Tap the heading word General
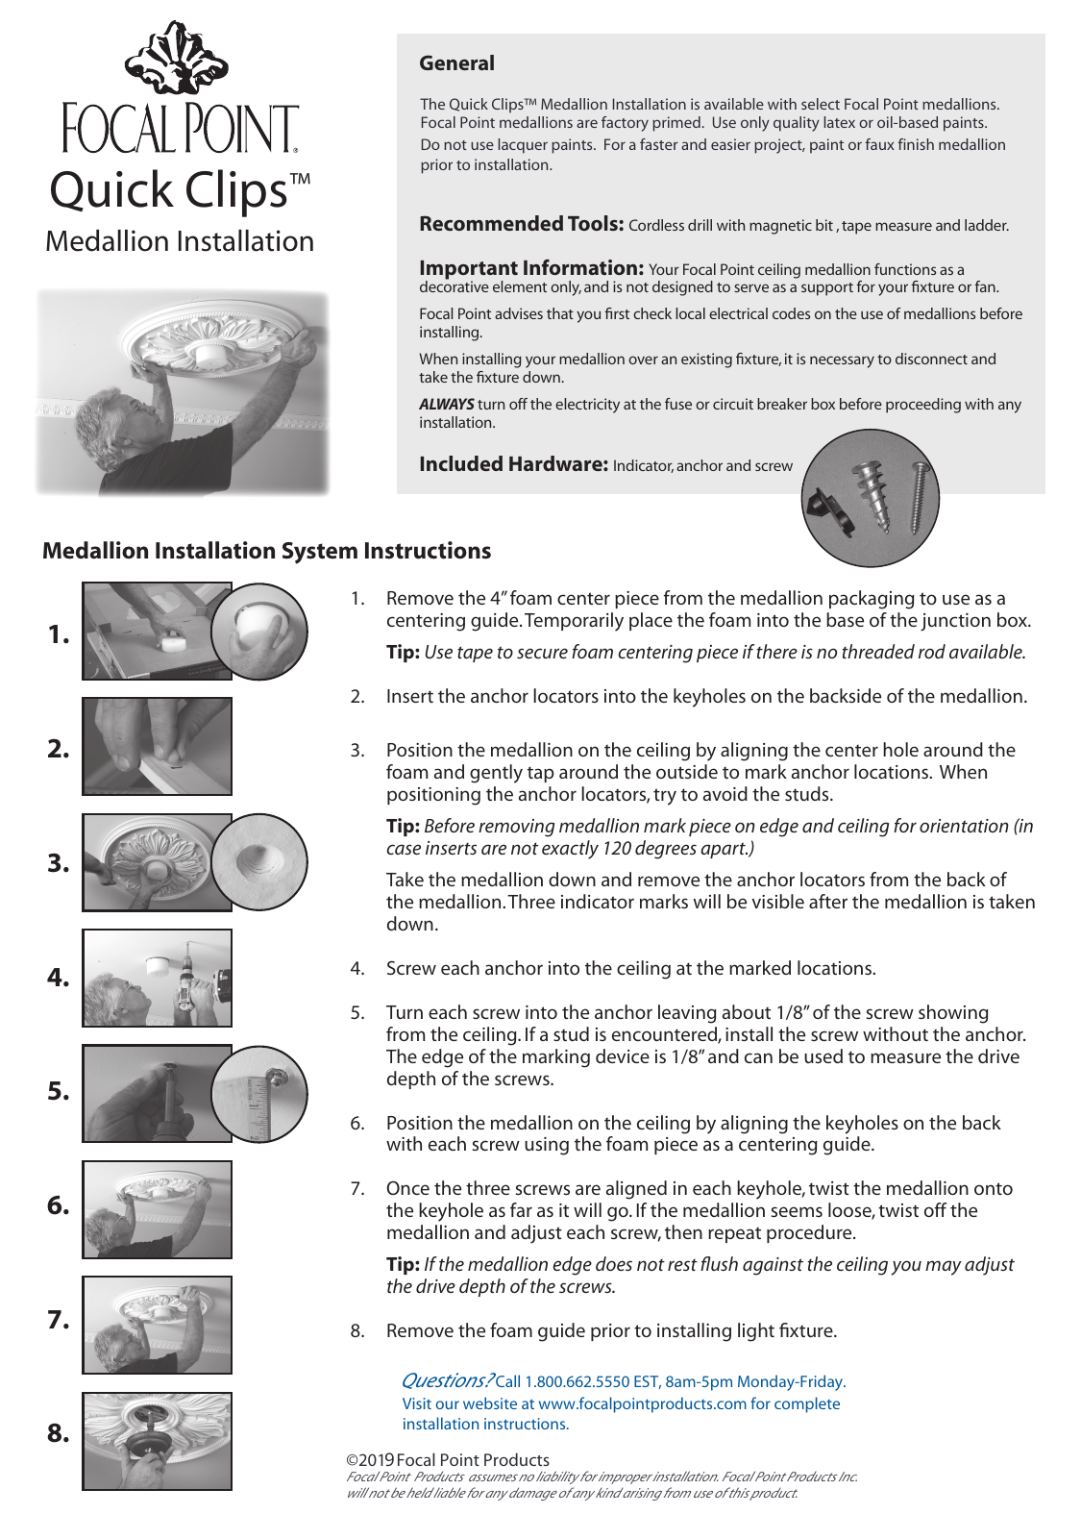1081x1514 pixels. point(456,63)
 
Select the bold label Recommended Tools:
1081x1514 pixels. point(521,224)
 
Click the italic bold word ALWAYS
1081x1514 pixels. point(446,405)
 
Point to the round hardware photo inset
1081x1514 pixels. point(871,498)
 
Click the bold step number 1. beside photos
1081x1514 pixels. point(59,634)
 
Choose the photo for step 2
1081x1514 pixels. point(157,747)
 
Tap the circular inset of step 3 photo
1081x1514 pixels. point(259,861)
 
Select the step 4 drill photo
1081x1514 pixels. point(157,978)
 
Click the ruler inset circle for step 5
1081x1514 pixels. point(259,1093)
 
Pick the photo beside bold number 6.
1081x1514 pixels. point(157,1209)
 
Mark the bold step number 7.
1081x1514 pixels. point(59,1320)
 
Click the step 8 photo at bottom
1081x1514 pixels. point(157,1441)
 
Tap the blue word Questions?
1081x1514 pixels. point(447,1380)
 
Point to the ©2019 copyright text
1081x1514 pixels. point(448,1459)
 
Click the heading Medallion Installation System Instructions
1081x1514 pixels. point(266,551)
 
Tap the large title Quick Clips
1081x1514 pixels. point(169,190)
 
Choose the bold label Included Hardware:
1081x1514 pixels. point(513,464)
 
